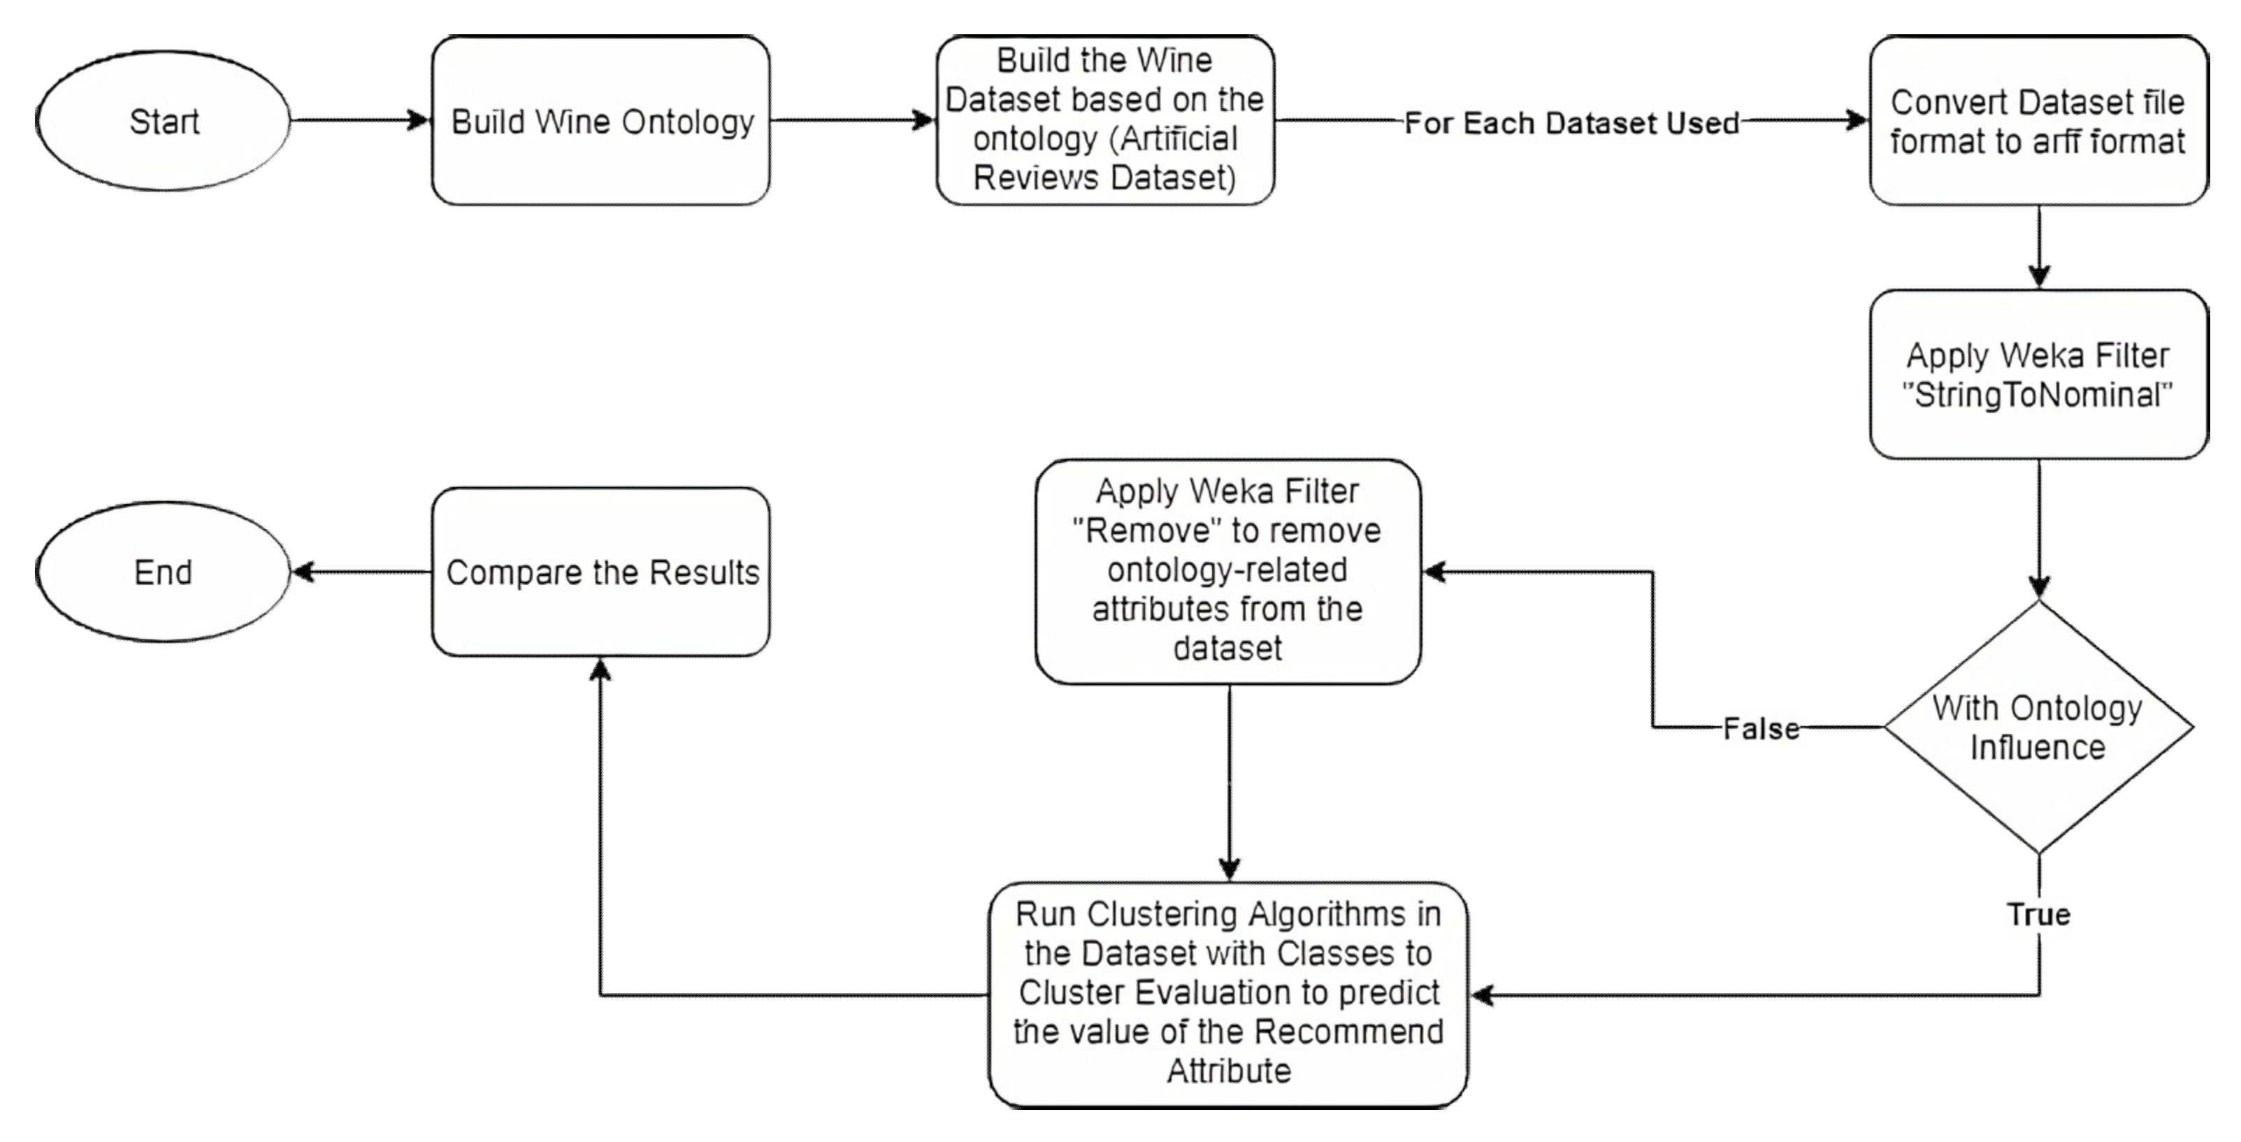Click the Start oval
[x=164, y=120]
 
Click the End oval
[x=164, y=572]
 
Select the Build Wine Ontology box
[x=601, y=121]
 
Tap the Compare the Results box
[x=601, y=572]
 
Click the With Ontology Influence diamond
[x=2038, y=727]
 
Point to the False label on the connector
[x=1761, y=729]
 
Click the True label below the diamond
[x=2038, y=914]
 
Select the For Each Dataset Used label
[x=1571, y=122]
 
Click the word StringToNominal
[x=2038, y=396]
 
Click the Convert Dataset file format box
[x=2038, y=121]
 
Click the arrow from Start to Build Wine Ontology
[x=360, y=120]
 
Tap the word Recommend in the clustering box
[x=1348, y=1032]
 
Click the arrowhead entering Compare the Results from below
[x=600, y=669]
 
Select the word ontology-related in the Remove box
[x=1227, y=570]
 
